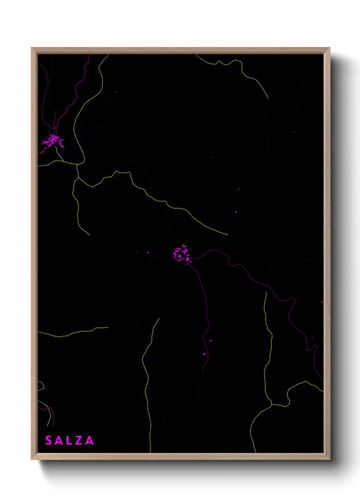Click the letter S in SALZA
tap(49, 440)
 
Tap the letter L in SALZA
tap(69, 440)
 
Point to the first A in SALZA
tap(59, 440)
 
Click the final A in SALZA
tap(89, 440)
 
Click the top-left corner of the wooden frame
tap(32, 48)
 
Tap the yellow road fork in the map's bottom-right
tap(272, 405)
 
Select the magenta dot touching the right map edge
tap(322, 302)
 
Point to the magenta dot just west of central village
tap(148, 253)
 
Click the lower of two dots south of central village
tap(204, 354)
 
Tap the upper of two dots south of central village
tap(211, 341)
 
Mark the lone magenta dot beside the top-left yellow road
tap(116, 92)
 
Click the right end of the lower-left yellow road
tap(108, 327)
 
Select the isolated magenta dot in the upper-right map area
tap(294, 132)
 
